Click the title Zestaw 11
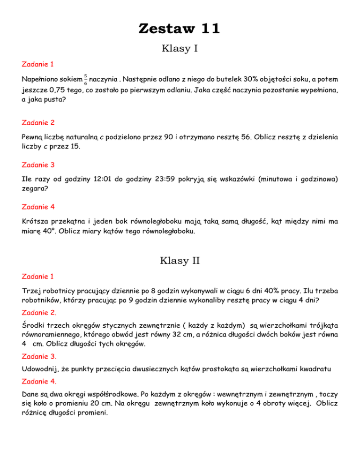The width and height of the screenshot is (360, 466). click(x=180, y=29)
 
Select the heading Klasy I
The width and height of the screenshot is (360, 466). click(x=180, y=48)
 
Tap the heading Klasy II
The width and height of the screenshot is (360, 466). click(x=180, y=260)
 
